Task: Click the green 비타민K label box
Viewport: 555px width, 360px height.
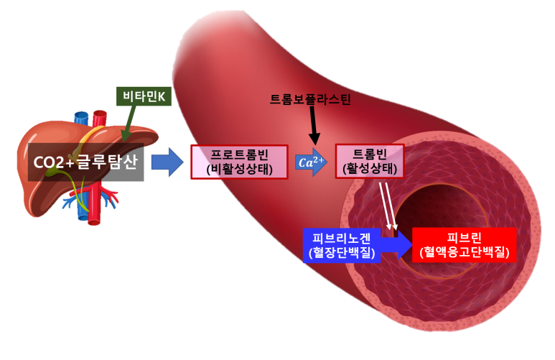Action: click(x=144, y=95)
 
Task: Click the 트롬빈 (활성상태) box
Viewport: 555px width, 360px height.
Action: click(x=370, y=162)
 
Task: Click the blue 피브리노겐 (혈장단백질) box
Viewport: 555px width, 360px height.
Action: click(x=340, y=244)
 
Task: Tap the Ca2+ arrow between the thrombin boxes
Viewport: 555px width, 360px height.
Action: click(x=311, y=162)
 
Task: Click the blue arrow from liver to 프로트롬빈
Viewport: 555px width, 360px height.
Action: click(x=167, y=162)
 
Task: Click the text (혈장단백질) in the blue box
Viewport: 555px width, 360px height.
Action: click(x=340, y=253)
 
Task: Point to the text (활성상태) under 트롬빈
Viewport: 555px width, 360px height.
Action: click(x=370, y=170)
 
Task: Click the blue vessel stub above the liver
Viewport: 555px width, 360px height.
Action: click(x=80, y=116)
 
